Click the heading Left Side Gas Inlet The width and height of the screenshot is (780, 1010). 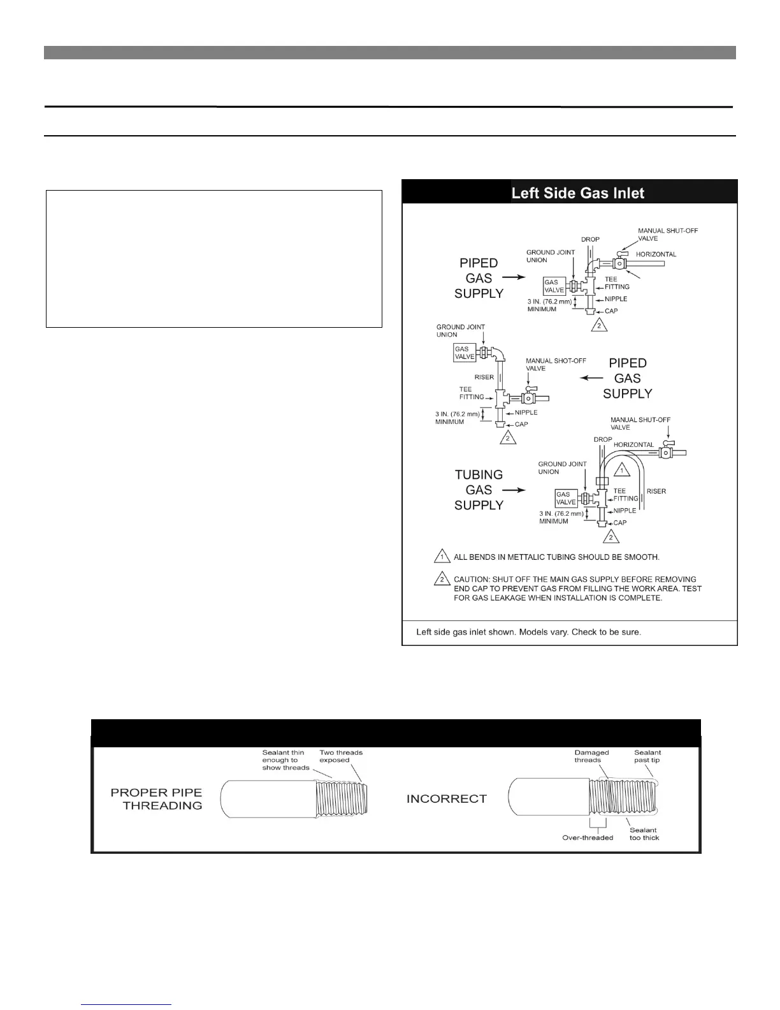(x=577, y=193)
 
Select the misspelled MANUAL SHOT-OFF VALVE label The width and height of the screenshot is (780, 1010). (x=556, y=364)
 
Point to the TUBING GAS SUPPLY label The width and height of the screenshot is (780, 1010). (x=479, y=490)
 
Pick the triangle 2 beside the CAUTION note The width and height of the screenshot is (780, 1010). (x=442, y=580)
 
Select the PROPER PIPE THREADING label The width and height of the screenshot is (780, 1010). (x=156, y=799)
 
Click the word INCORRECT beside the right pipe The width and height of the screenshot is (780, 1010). (x=446, y=799)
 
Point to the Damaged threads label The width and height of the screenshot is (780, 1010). (x=591, y=756)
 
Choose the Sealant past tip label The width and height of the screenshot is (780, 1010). (x=647, y=756)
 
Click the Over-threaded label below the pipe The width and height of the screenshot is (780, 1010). (x=588, y=837)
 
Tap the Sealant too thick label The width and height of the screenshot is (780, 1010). (x=644, y=833)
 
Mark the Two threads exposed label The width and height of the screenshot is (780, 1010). (x=340, y=756)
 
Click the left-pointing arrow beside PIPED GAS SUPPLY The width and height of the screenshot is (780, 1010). (x=591, y=378)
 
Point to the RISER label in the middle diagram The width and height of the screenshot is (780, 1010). (x=484, y=377)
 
